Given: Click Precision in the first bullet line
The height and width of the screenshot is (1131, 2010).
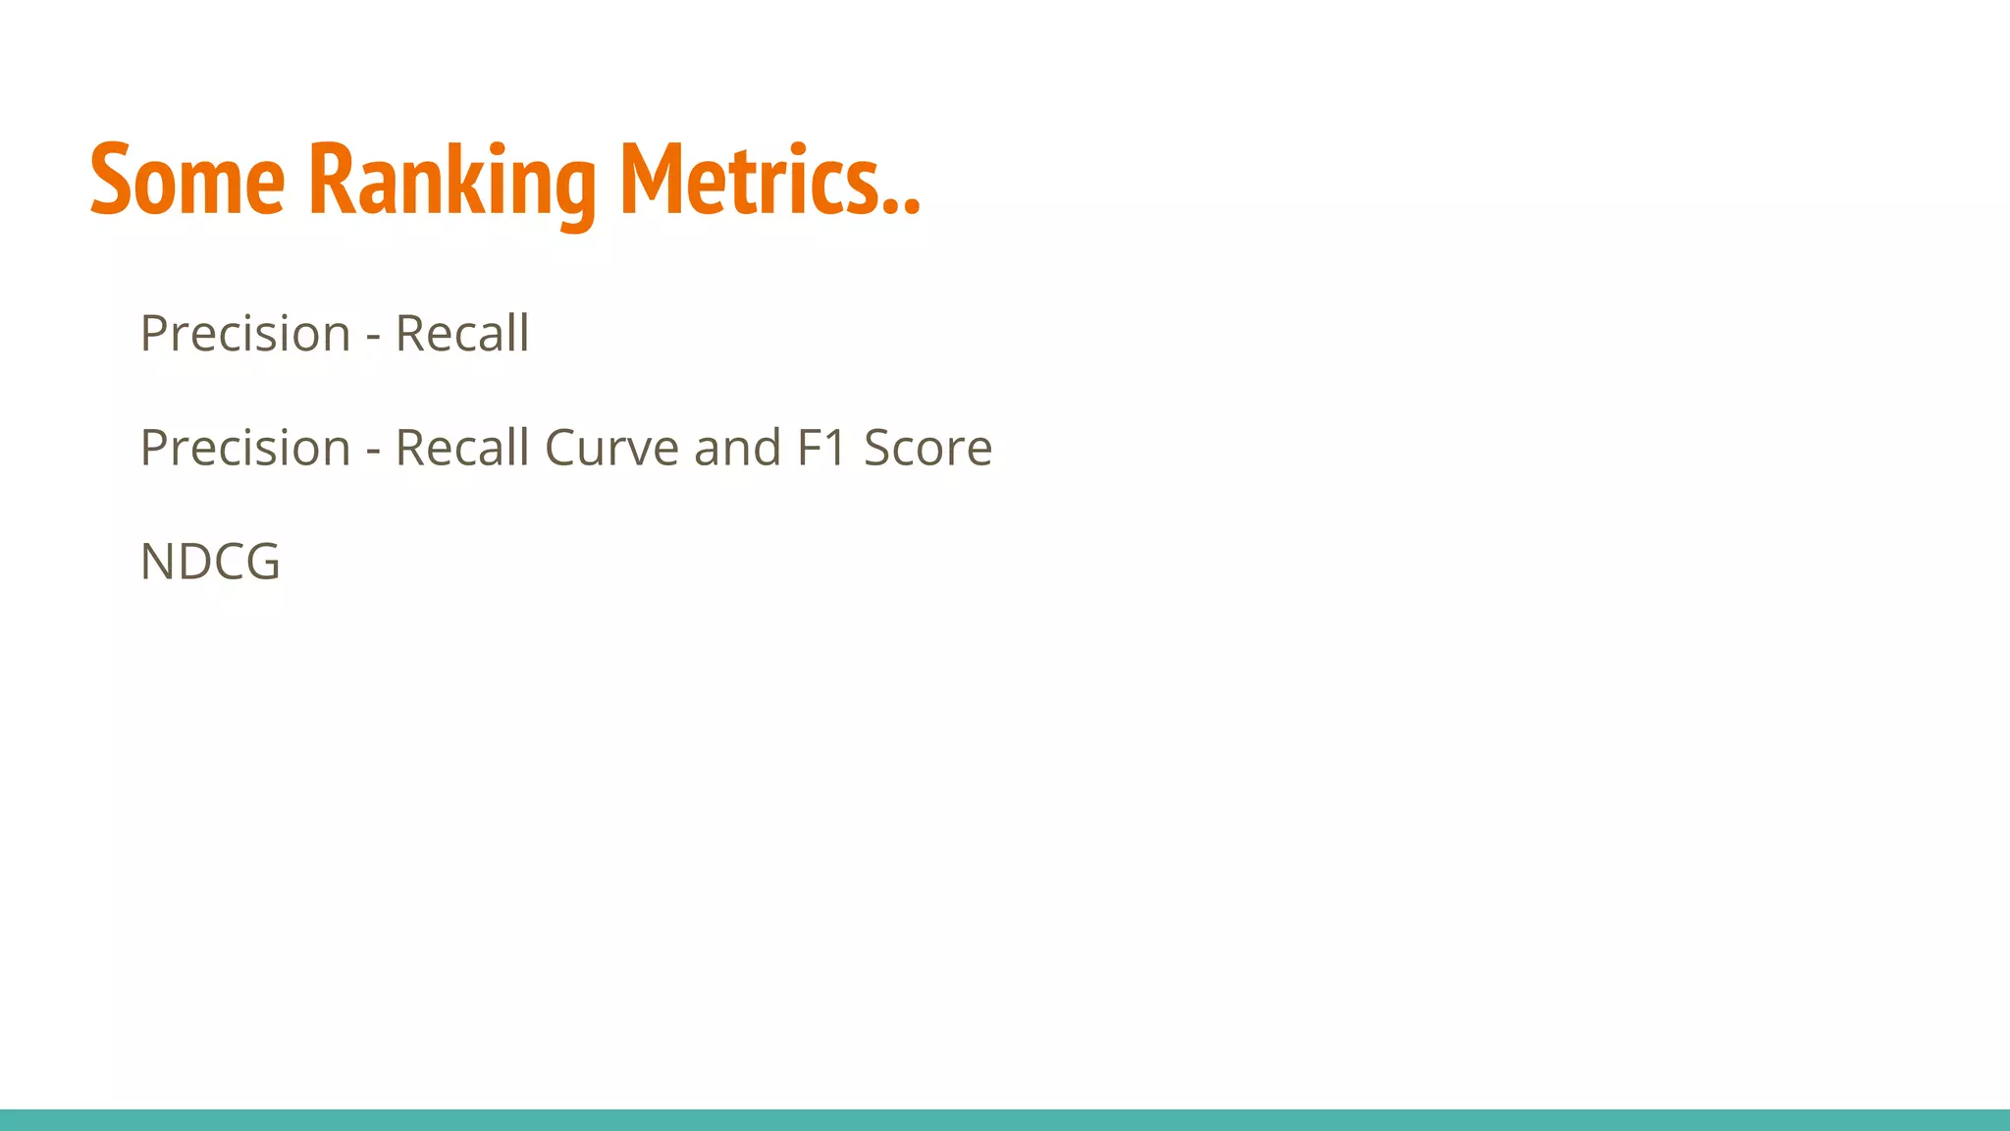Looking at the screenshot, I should click(x=245, y=334).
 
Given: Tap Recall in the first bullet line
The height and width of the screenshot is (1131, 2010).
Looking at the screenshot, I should click(x=462, y=334).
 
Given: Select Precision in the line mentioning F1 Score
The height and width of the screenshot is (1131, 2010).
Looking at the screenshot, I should click(x=245, y=448).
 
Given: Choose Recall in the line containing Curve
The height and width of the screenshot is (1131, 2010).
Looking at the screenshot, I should click(x=462, y=448).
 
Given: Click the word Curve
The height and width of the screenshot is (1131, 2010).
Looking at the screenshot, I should click(x=611, y=448).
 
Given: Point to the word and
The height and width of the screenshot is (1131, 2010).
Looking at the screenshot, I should click(x=738, y=448).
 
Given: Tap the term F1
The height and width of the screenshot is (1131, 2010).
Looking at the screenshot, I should click(x=822, y=448).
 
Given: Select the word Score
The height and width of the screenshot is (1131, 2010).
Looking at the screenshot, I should click(x=928, y=448).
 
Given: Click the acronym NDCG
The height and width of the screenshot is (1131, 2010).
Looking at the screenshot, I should click(x=210, y=562).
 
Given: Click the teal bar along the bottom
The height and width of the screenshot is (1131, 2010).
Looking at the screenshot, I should click(x=1005, y=1120).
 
